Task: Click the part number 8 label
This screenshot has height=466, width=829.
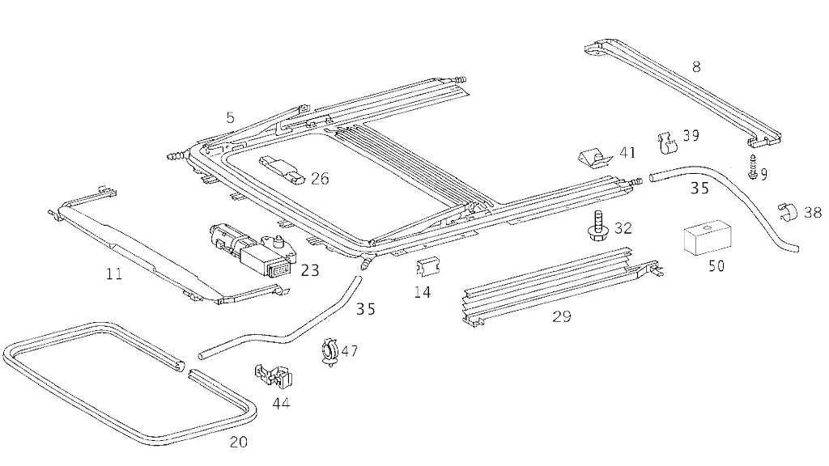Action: (x=696, y=67)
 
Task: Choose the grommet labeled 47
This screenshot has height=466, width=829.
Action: (x=330, y=353)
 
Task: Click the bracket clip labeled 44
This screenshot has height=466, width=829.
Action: (x=273, y=375)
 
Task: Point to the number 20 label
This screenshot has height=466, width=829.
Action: (x=239, y=442)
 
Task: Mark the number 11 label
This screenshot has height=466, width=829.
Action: (x=113, y=274)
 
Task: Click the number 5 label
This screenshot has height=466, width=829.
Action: (x=231, y=118)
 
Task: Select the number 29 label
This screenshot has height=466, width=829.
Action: (x=561, y=316)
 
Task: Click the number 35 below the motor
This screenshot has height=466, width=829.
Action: (x=366, y=308)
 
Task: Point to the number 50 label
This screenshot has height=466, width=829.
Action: (x=716, y=265)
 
